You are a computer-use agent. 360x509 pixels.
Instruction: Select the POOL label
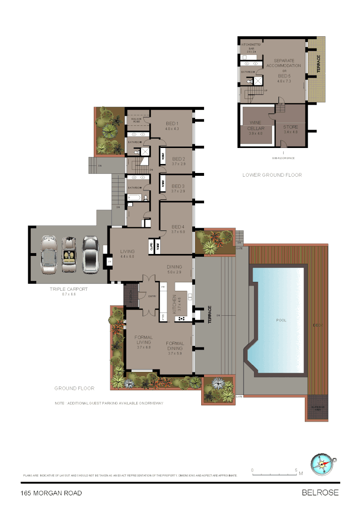[281, 320]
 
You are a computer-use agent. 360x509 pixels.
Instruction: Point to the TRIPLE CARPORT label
[68, 289]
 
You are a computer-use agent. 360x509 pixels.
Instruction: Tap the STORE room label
[291, 127]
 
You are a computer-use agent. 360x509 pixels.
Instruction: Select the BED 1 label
[171, 123]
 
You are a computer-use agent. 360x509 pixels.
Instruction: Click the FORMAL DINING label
[174, 346]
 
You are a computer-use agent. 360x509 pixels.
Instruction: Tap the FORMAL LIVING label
[143, 340]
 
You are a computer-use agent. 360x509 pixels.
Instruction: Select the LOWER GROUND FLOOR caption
[272, 175]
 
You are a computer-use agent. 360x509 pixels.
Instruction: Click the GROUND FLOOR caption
[74, 388]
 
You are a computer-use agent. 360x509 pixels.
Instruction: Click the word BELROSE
[320, 493]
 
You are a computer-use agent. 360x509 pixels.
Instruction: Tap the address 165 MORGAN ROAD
[51, 493]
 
